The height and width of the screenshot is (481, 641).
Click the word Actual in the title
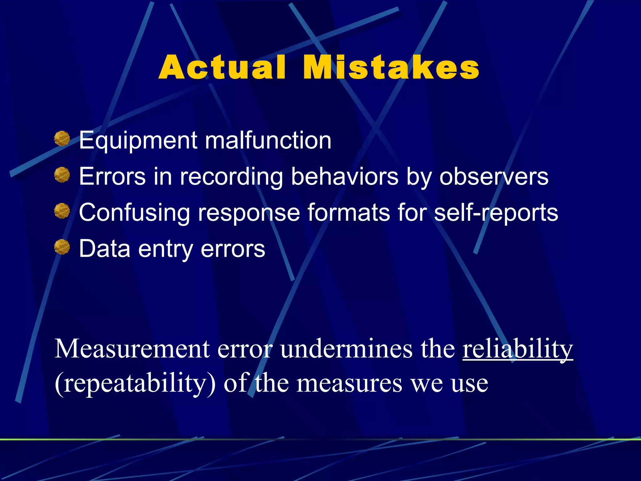(x=222, y=68)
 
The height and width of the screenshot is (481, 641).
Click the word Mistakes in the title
(x=391, y=68)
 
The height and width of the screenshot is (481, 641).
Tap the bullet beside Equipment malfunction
(x=62, y=139)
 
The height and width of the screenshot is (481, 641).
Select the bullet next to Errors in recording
(x=62, y=175)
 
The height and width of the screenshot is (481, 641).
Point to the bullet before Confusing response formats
(x=62, y=211)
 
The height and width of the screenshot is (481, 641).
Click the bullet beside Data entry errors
(x=62, y=247)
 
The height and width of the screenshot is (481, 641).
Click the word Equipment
(x=138, y=141)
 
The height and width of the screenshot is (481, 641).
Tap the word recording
(x=231, y=177)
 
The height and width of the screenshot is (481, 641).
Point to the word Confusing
(x=134, y=213)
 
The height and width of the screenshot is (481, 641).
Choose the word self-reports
(x=496, y=213)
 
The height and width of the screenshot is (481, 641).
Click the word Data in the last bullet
(x=105, y=249)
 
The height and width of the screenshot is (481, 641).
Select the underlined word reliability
(x=518, y=349)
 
